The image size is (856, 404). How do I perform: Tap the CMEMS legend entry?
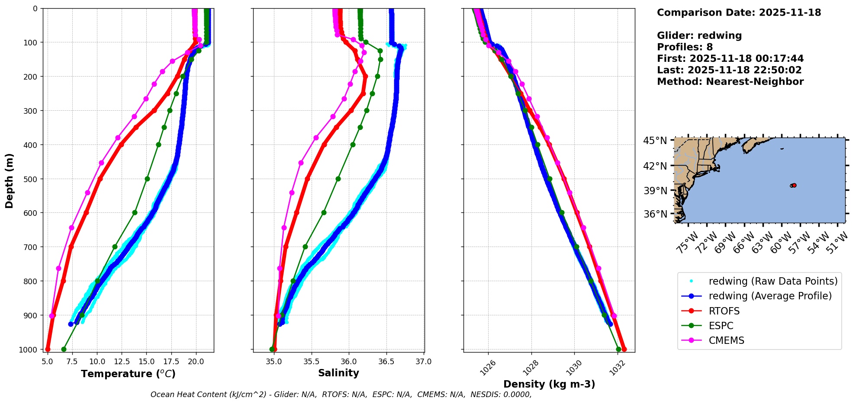[x=726, y=340]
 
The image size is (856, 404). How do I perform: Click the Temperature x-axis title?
[x=128, y=374]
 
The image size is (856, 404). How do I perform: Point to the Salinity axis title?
[x=338, y=373]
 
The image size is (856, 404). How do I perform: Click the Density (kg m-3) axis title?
[x=549, y=384]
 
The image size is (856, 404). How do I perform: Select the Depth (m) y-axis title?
[x=10, y=180]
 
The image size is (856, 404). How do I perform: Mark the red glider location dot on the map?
[x=794, y=185]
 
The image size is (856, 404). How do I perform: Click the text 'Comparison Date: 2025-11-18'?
[x=739, y=13]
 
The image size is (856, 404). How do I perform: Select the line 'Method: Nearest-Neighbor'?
[x=730, y=81]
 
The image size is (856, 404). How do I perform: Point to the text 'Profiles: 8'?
[x=685, y=47]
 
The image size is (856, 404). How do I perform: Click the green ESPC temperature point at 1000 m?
[x=64, y=349]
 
